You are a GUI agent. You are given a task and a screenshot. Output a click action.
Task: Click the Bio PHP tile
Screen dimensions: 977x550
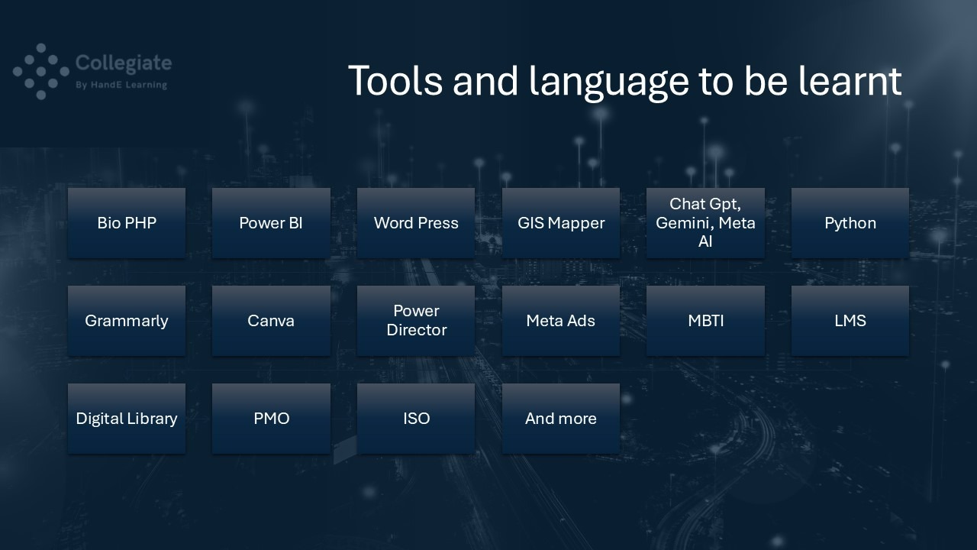[127, 222]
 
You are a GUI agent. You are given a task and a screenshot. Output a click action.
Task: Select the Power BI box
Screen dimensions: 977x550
[271, 222]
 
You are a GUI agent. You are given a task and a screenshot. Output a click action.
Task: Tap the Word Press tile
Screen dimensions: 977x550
[416, 222]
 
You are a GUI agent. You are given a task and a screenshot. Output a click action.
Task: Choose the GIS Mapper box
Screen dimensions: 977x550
[560, 222]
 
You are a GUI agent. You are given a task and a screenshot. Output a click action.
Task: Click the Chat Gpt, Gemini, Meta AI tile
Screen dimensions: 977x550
[705, 222]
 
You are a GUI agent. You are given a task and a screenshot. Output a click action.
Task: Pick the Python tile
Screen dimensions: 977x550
[850, 222]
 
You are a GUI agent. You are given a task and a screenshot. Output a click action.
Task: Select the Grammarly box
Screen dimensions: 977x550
[127, 321]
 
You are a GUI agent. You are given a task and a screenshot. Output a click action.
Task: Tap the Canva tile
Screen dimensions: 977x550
[271, 321]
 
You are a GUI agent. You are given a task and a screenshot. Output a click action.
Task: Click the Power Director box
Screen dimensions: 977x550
[416, 321]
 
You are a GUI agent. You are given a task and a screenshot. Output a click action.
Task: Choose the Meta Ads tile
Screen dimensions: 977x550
[560, 321]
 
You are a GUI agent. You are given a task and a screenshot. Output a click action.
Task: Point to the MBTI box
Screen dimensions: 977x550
[705, 321]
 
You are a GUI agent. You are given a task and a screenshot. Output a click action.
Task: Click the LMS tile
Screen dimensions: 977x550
[850, 321]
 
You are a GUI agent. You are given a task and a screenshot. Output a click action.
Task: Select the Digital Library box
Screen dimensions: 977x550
[127, 419]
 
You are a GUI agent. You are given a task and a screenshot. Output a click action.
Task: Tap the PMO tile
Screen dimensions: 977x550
[271, 419]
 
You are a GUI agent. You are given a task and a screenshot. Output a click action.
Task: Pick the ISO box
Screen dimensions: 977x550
[416, 419]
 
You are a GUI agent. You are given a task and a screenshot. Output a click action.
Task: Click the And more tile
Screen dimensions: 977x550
[560, 419]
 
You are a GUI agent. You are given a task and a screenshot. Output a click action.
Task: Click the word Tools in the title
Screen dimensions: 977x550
[395, 80]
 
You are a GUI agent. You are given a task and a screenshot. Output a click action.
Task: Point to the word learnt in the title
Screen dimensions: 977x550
[850, 80]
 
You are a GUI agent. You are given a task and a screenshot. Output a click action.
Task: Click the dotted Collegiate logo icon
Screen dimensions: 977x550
[41, 71]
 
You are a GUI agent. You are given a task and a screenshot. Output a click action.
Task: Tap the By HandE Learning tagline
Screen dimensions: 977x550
[121, 85]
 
